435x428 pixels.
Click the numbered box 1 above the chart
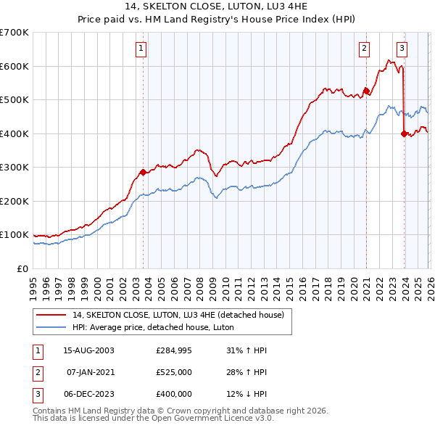pos(141,49)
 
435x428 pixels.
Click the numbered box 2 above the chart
pos(364,49)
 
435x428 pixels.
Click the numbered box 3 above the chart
pos(402,49)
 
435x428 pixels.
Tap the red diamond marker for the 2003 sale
pos(143,173)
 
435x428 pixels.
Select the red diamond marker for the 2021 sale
pos(366,91)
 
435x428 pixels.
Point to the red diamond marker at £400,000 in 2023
pos(404,133)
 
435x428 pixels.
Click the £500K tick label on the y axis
pos(14,99)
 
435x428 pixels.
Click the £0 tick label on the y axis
pos(22,268)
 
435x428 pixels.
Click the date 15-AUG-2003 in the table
pos(88,350)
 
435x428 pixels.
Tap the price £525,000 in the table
pos(174,372)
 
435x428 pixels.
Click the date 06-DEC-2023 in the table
pos(88,394)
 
